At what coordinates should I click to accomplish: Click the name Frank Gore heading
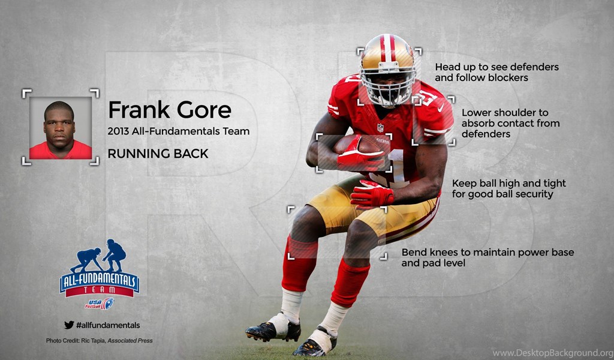tap(170, 110)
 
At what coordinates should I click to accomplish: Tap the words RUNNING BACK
tap(158, 154)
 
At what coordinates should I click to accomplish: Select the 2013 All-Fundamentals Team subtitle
tap(179, 131)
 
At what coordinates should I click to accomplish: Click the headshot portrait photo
tap(61, 128)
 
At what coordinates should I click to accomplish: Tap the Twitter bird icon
tap(69, 325)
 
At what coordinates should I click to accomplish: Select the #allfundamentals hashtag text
tap(108, 325)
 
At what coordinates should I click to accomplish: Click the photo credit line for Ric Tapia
tap(100, 340)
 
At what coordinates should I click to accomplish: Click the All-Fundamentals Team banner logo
tap(100, 284)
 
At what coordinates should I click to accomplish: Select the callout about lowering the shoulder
tap(511, 124)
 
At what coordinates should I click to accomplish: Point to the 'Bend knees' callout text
tap(487, 257)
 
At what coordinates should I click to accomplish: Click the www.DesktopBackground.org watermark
tap(552, 353)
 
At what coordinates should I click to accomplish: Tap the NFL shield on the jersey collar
tap(380, 128)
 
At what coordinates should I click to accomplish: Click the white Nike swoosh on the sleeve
tap(441, 108)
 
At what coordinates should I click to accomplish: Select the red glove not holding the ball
tap(372, 194)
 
